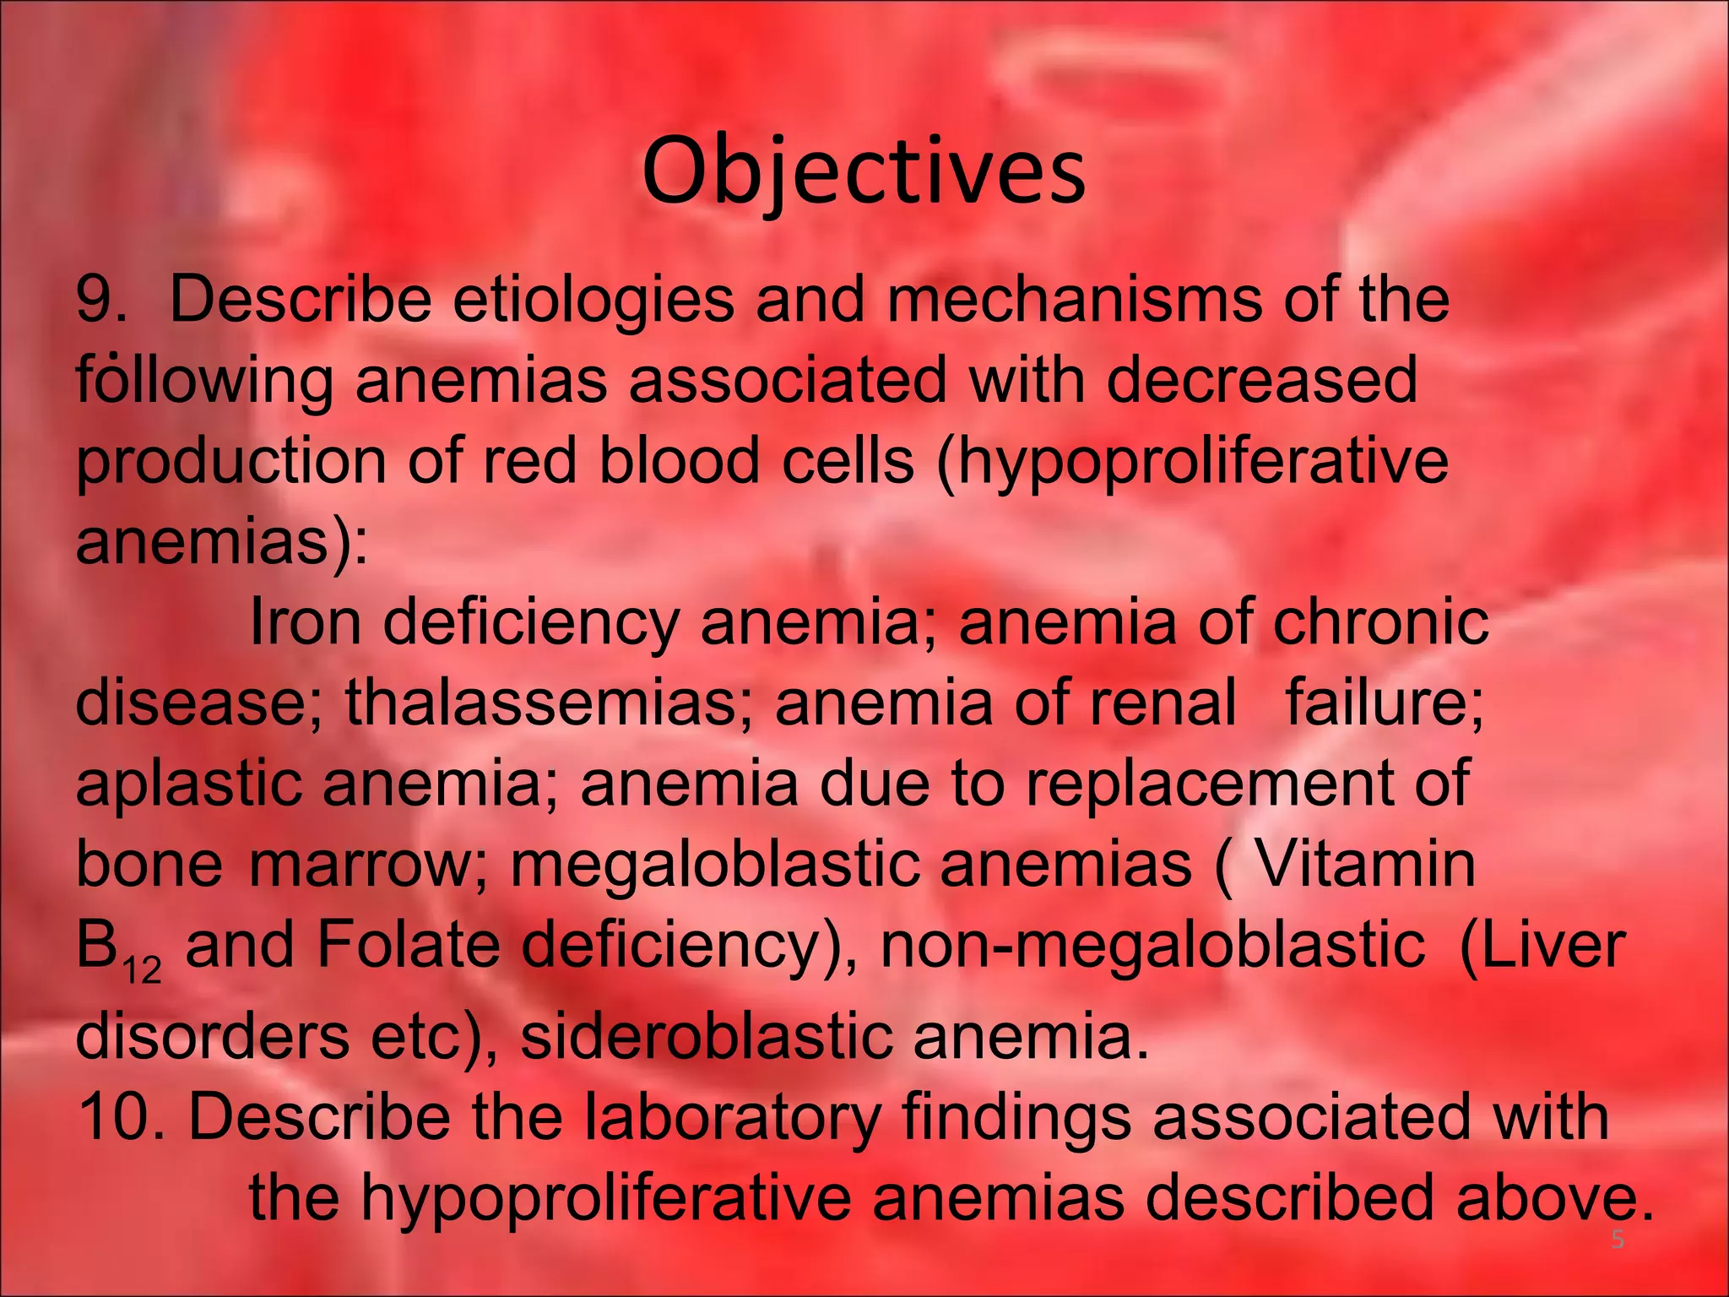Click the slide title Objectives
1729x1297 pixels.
tap(864, 172)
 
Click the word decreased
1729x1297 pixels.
tap(1261, 381)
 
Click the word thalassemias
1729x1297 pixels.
tap(548, 703)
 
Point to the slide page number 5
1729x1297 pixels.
tap(1616, 1240)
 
